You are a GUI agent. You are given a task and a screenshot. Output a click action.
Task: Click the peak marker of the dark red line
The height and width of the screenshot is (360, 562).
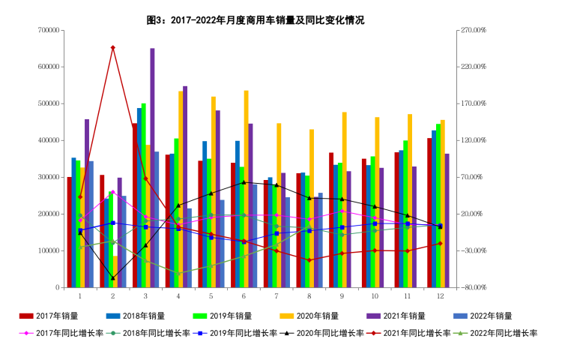[x=112, y=47]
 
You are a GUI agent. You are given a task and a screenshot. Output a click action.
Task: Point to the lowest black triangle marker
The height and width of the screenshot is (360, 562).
[x=113, y=278]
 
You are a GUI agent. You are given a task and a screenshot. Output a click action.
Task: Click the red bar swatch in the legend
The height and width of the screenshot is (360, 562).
[x=26, y=316]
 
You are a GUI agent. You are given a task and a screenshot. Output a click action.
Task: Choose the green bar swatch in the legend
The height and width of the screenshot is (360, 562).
[x=200, y=316]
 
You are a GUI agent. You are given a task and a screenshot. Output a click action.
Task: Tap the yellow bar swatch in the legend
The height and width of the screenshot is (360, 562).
[x=287, y=316]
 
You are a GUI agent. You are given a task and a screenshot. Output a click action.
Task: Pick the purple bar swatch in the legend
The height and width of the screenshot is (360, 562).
[x=374, y=316]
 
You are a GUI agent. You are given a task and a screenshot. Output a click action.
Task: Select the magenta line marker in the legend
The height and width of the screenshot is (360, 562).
[x=26, y=333]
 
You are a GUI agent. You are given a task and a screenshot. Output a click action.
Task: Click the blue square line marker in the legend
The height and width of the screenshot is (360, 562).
[x=200, y=333]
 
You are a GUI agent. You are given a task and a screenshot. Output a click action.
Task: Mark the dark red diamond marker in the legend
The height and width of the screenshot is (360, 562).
[x=374, y=333]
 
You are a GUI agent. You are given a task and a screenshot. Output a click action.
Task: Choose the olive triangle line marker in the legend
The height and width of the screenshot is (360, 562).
[x=460, y=333]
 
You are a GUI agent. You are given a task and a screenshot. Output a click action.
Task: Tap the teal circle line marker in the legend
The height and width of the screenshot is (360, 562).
[x=113, y=333]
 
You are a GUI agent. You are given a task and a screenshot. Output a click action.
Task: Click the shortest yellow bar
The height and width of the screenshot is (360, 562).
[x=115, y=271]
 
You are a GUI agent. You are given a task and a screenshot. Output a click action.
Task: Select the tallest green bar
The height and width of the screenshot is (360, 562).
[x=143, y=195]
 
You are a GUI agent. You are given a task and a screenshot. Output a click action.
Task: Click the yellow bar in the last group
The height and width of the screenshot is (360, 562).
[x=442, y=203]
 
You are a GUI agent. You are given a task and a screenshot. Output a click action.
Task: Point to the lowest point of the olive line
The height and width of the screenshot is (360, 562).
[x=178, y=274]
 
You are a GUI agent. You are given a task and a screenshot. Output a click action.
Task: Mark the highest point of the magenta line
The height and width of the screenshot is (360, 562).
[x=112, y=191]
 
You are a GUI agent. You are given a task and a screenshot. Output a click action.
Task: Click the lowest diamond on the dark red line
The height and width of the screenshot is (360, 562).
[x=309, y=260]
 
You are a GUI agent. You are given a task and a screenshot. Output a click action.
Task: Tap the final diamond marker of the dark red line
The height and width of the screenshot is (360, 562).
[x=440, y=243]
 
